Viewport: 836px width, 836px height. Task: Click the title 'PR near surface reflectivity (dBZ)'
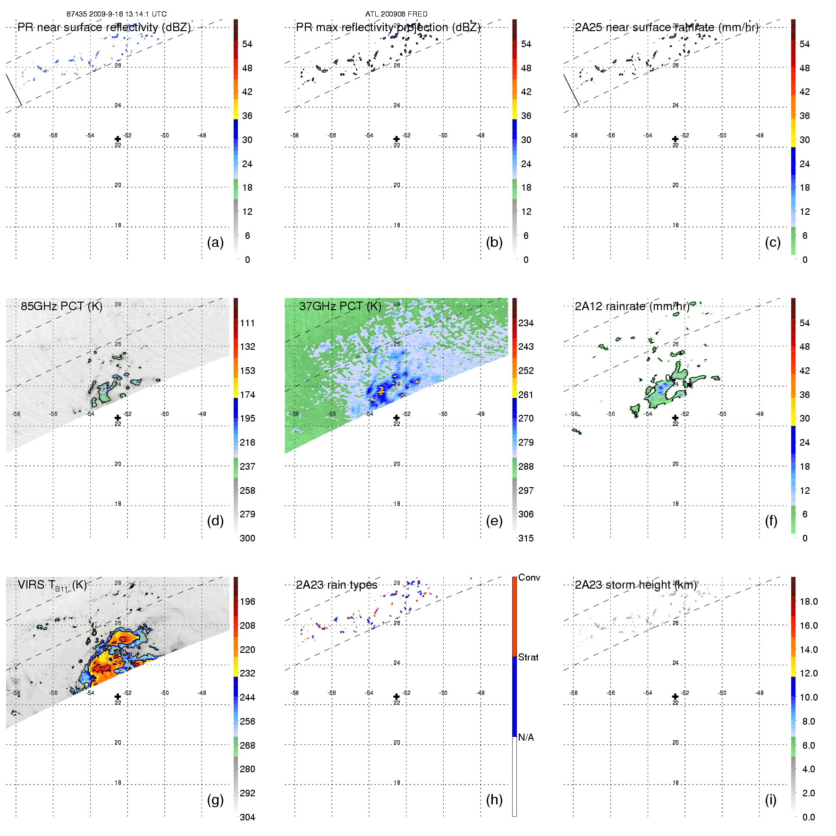(x=104, y=27)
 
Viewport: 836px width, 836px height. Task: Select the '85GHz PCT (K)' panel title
(x=61, y=306)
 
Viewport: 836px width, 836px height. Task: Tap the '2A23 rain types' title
(x=337, y=585)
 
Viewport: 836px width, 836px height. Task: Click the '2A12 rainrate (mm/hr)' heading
(x=632, y=306)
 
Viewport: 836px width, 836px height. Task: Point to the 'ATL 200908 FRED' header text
(x=396, y=14)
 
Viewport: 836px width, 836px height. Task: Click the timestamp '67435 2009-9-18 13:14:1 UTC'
(x=116, y=14)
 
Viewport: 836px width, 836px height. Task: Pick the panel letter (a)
(x=215, y=242)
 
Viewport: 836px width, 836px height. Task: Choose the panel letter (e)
(x=494, y=521)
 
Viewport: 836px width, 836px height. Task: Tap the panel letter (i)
(x=770, y=800)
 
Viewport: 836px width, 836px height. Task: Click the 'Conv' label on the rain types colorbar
(x=529, y=577)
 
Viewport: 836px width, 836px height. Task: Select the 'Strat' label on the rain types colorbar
(x=528, y=657)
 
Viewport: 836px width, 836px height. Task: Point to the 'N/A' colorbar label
(x=526, y=737)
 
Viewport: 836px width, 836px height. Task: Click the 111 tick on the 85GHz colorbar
(x=247, y=323)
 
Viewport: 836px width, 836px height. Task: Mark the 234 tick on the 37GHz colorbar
(x=526, y=323)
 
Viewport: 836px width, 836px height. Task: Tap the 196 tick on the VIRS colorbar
(x=247, y=601)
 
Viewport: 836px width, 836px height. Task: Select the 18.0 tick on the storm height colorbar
(x=809, y=601)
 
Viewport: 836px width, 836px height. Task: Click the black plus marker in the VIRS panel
(x=118, y=697)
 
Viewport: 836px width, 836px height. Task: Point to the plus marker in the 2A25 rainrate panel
(x=675, y=139)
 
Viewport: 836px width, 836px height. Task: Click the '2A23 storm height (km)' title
(x=635, y=585)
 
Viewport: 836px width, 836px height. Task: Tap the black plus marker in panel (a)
(x=118, y=139)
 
